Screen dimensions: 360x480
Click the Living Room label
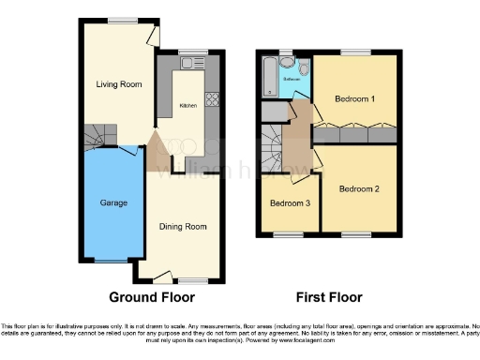click(x=119, y=84)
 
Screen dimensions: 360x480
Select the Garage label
click(x=113, y=202)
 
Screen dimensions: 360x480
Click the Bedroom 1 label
click(x=355, y=97)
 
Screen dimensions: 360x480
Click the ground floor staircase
click(x=96, y=137)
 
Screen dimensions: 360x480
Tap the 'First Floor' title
click(x=329, y=297)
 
